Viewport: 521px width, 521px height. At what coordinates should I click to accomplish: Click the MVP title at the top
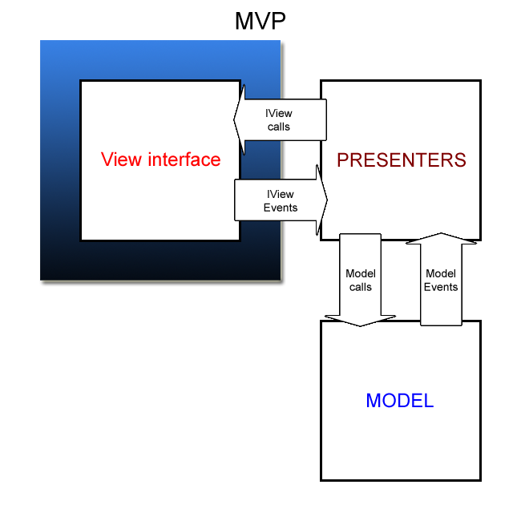(x=260, y=21)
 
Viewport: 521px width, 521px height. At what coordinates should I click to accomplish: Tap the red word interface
(x=184, y=160)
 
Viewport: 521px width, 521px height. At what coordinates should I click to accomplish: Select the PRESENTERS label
(x=402, y=160)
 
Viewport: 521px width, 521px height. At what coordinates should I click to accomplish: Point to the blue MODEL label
(x=400, y=401)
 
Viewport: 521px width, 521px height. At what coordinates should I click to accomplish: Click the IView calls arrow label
(x=279, y=120)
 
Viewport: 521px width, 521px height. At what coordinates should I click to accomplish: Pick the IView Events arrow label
(x=281, y=200)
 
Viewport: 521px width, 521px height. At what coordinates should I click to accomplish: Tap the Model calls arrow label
(x=361, y=280)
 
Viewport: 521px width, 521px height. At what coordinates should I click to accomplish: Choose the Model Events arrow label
(x=441, y=280)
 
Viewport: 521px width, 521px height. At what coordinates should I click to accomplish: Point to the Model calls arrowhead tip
(x=360, y=326)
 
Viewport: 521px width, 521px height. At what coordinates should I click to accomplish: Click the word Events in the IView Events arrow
(x=281, y=208)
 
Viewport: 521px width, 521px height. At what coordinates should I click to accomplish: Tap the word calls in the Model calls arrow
(x=361, y=287)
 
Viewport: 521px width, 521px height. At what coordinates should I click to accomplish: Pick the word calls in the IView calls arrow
(x=279, y=127)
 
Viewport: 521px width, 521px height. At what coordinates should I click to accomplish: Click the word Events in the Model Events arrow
(x=441, y=287)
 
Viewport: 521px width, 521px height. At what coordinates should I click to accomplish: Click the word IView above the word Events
(x=281, y=194)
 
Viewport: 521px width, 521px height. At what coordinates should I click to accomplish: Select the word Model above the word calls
(x=361, y=273)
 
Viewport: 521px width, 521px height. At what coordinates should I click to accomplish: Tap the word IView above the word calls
(x=279, y=113)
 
